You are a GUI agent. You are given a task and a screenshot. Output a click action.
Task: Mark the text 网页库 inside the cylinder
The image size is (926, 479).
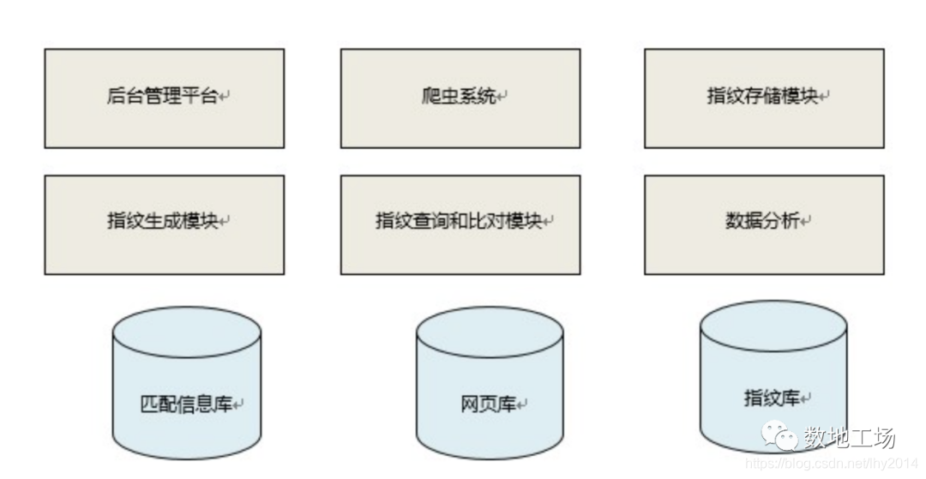tap(488, 404)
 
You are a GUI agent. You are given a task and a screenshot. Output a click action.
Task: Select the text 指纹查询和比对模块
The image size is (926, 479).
tap(459, 221)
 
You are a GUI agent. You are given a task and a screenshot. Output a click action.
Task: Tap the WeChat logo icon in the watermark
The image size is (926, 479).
tap(781, 438)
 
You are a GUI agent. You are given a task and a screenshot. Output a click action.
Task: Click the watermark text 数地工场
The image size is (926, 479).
tap(849, 438)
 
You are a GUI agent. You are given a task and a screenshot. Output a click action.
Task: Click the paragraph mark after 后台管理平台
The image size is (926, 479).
tap(224, 99)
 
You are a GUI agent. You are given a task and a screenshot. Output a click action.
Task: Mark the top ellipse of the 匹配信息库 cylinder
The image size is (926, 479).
tap(187, 330)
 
